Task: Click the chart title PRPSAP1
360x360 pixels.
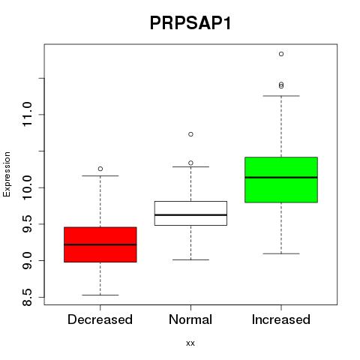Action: click(x=190, y=23)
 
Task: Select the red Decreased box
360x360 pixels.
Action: click(x=100, y=244)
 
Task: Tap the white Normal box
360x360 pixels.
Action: click(x=190, y=213)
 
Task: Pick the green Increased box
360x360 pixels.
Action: click(x=281, y=180)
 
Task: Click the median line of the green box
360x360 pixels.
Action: click(x=281, y=177)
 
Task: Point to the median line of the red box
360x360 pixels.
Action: click(x=100, y=244)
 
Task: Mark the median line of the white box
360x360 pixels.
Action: click(x=190, y=215)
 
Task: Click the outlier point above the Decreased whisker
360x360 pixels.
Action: click(x=100, y=169)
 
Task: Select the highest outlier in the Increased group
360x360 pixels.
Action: click(x=281, y=54)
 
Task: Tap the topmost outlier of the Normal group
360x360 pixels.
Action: click(x=190, y=134)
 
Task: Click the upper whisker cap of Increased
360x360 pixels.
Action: click(x=281, y=96)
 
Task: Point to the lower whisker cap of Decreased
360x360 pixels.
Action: click(x=100, y=295)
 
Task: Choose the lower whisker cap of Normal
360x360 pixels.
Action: click(x=190, y=259)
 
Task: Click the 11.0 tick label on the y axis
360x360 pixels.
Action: click(x=27, y=115)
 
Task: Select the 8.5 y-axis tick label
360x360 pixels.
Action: click(x=27, y=298)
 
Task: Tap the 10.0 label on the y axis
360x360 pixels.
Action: click(x=27, y=187)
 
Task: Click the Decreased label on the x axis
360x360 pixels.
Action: click(x=100, y=319)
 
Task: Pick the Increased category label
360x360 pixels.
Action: click(x=281, y=319)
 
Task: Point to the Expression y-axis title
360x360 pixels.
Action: click(x=7, y=174)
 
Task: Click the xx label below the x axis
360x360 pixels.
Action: click(x=190, y=343)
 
